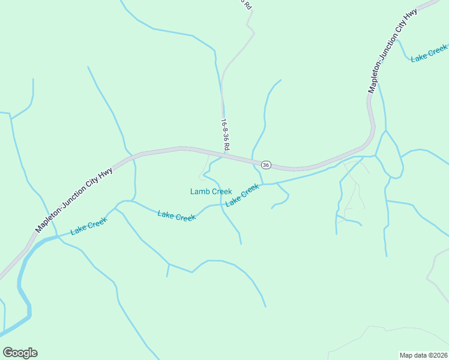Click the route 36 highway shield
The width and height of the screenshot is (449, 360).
click(266, 164)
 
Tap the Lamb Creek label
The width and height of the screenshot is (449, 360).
click(211, 191)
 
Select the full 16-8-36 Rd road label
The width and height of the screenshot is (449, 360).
click(226, 135)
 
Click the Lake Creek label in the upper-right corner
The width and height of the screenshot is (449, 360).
click(429, 53)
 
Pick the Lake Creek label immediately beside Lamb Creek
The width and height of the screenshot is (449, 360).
click(242, 195)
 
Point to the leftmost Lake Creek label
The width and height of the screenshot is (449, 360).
click(89, 226)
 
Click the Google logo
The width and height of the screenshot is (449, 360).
click(20, 353)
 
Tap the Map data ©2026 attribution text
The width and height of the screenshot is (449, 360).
click(423, 355)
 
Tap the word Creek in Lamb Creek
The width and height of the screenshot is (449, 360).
click(221, 191)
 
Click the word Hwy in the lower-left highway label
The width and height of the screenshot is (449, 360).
click(106, 175)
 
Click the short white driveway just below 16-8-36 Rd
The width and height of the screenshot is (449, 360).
click(205, 166)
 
